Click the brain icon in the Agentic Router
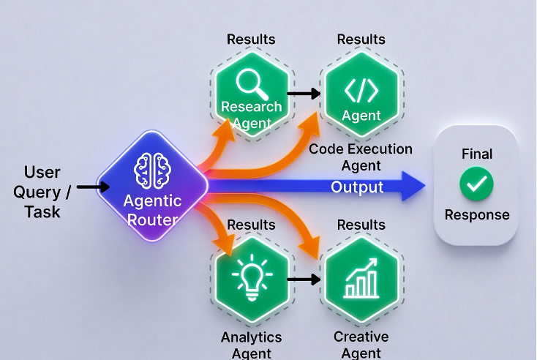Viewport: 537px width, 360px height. point(152,170)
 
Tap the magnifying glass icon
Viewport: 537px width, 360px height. point(252,84)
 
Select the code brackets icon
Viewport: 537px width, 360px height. point(361,91)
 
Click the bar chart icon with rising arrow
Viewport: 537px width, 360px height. point(361,278)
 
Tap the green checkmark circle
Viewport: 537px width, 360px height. point(476,184)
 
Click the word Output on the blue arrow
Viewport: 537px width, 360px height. point(357,187)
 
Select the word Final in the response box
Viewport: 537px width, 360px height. point(477,154)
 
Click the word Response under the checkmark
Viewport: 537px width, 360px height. point(477,215)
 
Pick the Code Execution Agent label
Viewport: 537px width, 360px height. point(361,157)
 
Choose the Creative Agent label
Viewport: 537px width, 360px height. point(361,345)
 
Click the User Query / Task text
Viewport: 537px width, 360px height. point(42,192)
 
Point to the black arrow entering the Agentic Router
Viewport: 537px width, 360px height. point(93,187)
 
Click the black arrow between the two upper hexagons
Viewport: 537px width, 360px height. point(304,93)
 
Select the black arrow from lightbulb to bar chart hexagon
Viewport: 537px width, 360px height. point(304,280)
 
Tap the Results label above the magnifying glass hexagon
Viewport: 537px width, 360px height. point(251,40)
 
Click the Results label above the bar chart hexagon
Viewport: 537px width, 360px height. point(361,225)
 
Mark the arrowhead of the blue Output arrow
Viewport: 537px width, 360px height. point(413,186)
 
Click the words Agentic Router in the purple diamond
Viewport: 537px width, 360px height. point(152,210)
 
